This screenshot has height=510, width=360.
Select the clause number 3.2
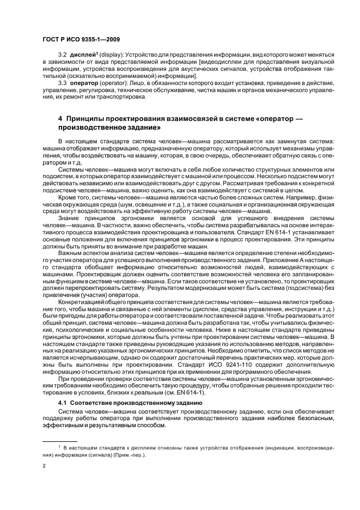(x=63, y=56)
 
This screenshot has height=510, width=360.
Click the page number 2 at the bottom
(x=44, y=466)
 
